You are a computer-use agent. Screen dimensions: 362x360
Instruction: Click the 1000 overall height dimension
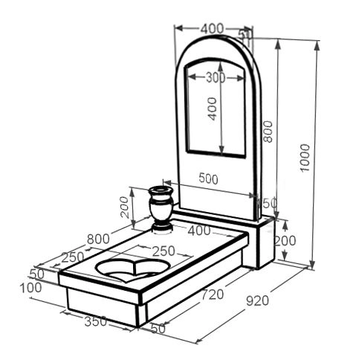click(x=305, y=158)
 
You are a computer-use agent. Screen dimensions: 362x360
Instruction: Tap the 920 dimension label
click(x=257, y=301)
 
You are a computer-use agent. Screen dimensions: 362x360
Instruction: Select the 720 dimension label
click(x=213, y=295)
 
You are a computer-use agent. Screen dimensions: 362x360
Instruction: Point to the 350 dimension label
click(x=96, y=321)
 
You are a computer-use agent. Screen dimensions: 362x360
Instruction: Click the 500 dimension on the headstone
click(x=208, y=179)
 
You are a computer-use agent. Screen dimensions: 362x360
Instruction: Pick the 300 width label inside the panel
click(x=216, y=78)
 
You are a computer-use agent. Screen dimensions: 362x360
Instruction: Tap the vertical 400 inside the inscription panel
click(x=212, y=109)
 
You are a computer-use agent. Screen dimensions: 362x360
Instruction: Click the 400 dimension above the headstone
click(x=212, y=29)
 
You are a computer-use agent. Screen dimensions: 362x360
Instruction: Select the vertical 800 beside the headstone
click(x=268, y=132)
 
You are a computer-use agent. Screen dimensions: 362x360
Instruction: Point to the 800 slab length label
click(x=98, y=239)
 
